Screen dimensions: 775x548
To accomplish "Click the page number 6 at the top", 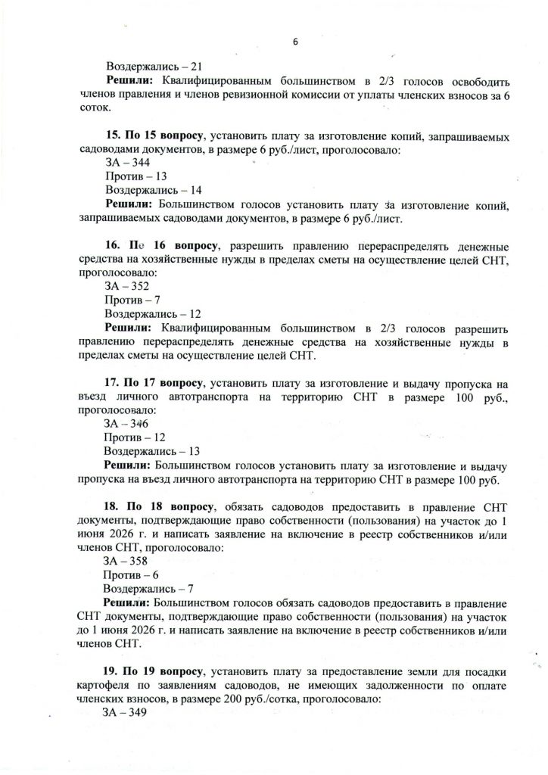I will pos(295,42).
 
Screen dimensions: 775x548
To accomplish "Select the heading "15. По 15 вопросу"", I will pos(156,136).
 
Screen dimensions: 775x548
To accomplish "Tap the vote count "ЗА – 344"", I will pos(127,163).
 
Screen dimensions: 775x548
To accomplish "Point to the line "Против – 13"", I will pos(129,177).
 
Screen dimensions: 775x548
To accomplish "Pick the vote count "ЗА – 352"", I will pos(127,287).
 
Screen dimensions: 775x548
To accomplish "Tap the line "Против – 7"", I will pos(127,300).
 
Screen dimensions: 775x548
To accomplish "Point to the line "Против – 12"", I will pos(129,437).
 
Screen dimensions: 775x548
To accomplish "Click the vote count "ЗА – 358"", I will pos(127,561).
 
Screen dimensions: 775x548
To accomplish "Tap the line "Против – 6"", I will pos(127,574).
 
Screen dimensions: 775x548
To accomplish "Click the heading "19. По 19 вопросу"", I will pos(156,671).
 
